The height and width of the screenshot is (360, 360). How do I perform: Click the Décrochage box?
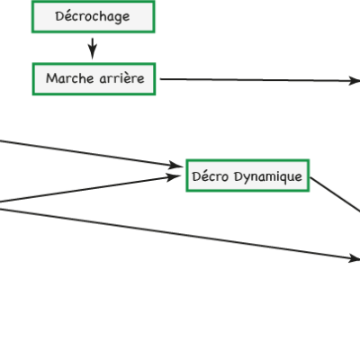[x=94, y=16]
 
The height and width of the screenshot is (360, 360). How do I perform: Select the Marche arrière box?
[x=94, y=79]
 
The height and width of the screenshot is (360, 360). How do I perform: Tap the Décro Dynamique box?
[x=247, y=175]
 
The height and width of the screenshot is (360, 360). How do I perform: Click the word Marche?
[x=70, y=78]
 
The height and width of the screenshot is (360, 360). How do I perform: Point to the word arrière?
[x=121, y=78]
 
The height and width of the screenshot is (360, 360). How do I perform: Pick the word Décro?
[x=211, y=176]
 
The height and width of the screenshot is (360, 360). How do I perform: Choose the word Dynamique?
[x=268, y=176]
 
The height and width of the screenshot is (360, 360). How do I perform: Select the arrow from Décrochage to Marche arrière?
[x=93, y=49]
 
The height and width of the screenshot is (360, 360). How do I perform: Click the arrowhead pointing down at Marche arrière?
[x=93, y=54]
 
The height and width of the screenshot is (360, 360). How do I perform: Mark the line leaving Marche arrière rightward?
[x=260, y=80]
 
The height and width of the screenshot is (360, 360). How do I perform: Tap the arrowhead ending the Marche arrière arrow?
[x=355, y=81]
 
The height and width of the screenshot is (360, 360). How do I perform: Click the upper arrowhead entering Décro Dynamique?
[x=176, y=166]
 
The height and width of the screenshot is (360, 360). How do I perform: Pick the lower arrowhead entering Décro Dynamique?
[x=175, y=176]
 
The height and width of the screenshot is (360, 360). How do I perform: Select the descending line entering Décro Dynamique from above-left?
[x=90, y=153]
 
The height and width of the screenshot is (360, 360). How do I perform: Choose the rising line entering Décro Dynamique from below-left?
[x=90, y=189]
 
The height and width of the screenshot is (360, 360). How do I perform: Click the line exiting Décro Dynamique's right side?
[x=335, y=194]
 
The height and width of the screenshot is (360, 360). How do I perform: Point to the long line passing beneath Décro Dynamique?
[x=180, y=234]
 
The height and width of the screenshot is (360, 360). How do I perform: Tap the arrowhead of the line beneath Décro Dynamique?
[x=355, y=258]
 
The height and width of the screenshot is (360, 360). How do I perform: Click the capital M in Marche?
[x=51, y=78]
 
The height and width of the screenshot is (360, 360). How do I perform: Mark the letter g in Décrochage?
[x=118, y=18]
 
